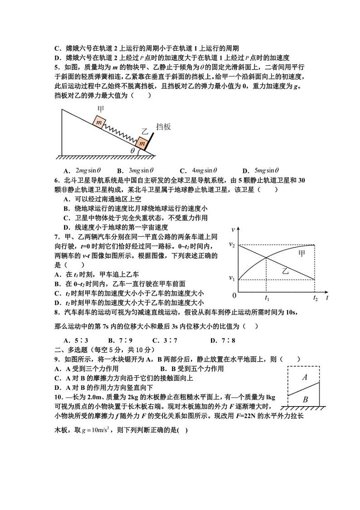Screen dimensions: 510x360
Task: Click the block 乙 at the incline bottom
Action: tap(142, 143)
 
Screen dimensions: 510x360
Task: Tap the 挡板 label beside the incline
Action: tap(163, 127)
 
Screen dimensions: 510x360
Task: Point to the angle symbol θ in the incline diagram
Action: tap(132, 151)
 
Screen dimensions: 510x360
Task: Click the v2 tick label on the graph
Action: tap(231, 245)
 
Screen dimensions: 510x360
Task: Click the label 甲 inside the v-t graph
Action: tap(302, 253)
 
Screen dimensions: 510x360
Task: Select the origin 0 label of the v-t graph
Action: tap(234, 296)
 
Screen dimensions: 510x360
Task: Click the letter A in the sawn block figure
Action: tap(305, 377)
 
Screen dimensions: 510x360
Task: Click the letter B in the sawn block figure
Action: tap(305, 400)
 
